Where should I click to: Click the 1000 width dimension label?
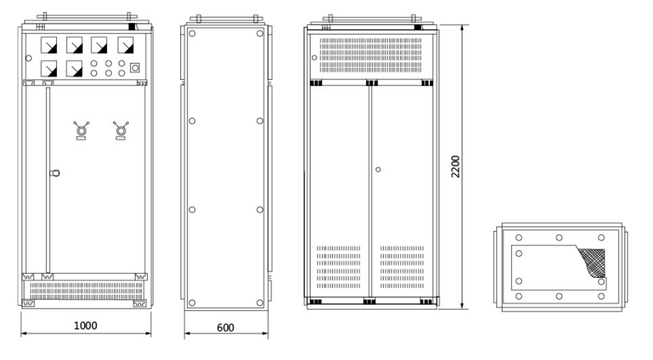[x=85, y=326]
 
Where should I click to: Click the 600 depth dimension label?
[x=225, y=328]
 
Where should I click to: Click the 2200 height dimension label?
[x=455, y=166]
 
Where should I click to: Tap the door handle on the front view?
[x=55, y=173]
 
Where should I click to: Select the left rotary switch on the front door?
[x=81, y=131]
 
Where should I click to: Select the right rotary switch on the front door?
[x=121, y=131]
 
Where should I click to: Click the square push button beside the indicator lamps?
[x=135, y=68]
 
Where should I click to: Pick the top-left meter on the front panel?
[x=48, y=45]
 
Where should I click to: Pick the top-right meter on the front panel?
[x=126, y=45]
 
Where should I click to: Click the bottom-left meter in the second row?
[x=48, y=69]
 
